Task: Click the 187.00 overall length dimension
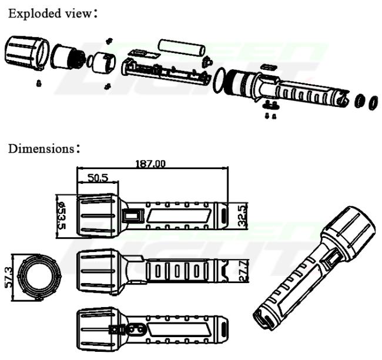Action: click(x=150, y=164)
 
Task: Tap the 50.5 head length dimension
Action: click(x=98, y=178)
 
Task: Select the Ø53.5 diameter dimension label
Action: click(x=61, y=216)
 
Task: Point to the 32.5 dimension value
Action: click(x=242, y=216)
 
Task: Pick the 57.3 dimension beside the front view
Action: click(x=9, y=277)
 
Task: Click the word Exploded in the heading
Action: click(x=34, y=14)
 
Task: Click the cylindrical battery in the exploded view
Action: click(x=181, y=48)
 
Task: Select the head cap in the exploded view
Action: click(x=27, y=53)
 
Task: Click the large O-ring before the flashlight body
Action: click(x=220, y=80)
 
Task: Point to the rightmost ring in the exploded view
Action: click(x=373, y=103)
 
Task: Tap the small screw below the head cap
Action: click(x=39, y=83)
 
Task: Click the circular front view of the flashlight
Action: click(x=39, y=277)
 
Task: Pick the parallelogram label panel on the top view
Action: click(x=179, y=216)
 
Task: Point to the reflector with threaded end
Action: click(x=68, y=57)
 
